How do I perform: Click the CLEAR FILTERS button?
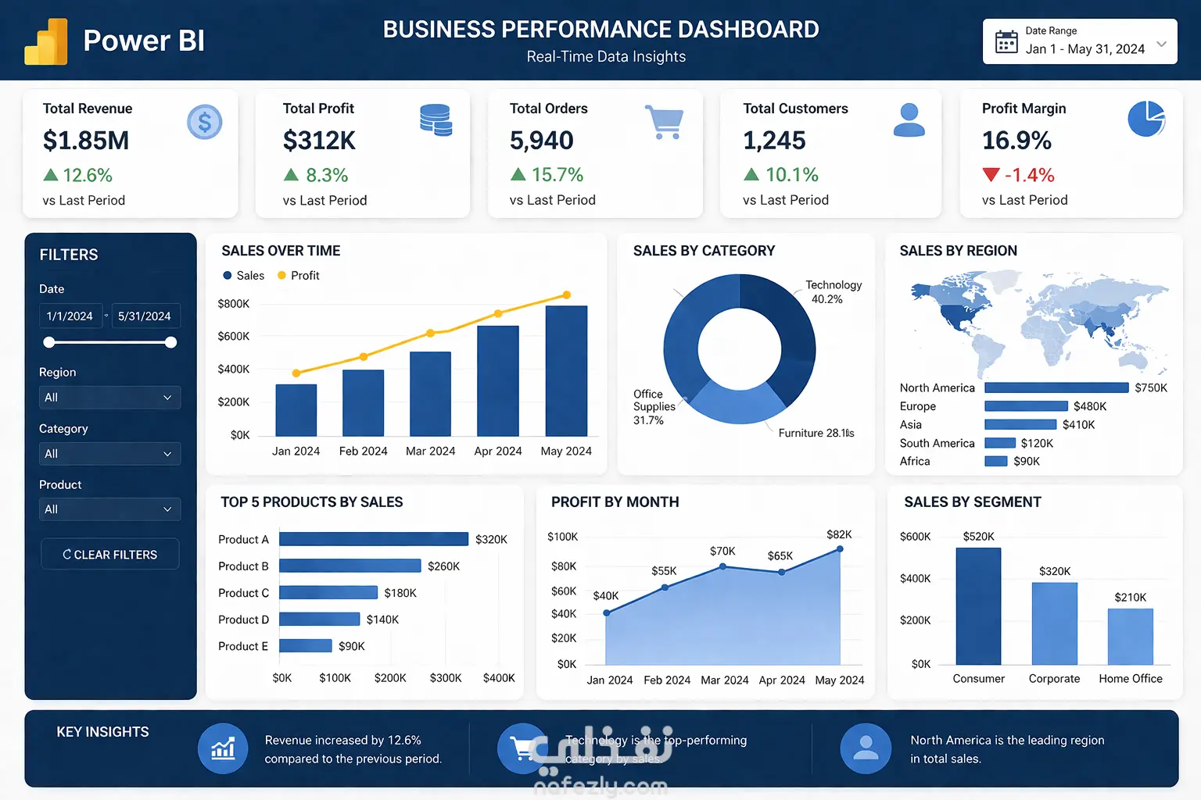[x=109, y=554]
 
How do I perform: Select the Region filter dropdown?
[x=109, y=397]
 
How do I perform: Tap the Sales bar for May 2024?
[x=566, y=370]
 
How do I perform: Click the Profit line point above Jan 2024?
[x=296, y=373]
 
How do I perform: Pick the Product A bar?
[x=374, y=539]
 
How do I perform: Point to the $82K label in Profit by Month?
[x=839, y=534]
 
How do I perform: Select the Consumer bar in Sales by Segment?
[x=978, y=606]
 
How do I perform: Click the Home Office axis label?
[x=1130, y=679]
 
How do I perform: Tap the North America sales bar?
[x=1056, y=387]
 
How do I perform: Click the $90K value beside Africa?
[x=1027, y=462]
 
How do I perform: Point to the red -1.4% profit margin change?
[x=1028, y=175]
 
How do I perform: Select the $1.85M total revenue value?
[x=86, y=141]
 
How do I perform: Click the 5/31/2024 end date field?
[x=145, y=316]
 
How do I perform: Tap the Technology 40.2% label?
[x=833, y=292]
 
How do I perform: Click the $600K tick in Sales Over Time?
[x=233, y=336]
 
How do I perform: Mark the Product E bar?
[x=306, y=646]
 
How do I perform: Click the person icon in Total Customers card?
[x=909, y=120]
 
